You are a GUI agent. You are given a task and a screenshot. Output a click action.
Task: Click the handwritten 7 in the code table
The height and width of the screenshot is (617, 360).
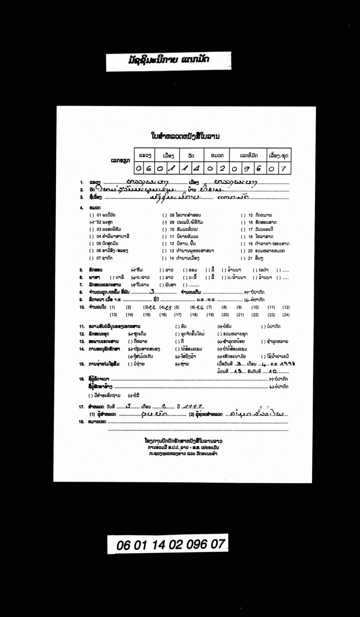283,169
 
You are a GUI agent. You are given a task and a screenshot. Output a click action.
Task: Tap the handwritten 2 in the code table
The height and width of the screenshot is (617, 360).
222,169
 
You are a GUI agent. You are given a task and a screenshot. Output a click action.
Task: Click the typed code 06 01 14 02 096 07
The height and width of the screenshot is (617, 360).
171,545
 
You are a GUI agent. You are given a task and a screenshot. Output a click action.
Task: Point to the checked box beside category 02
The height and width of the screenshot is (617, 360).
91,222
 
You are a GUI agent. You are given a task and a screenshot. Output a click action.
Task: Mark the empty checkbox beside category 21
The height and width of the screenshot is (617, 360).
243,258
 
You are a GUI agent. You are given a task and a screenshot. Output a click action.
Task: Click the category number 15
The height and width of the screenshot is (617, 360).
250,215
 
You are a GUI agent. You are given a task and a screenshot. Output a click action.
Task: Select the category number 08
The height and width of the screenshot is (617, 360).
172,215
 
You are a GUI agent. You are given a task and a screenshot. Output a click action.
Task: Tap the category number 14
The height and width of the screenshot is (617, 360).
172,258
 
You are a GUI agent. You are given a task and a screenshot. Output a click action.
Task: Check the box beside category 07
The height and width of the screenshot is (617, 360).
91,258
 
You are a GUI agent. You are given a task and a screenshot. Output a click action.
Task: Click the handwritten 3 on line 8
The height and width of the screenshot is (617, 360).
152,291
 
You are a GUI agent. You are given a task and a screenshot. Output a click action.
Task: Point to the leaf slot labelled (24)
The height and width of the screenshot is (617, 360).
286,315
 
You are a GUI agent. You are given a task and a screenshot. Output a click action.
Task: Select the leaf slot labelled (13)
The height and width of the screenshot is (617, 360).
113,315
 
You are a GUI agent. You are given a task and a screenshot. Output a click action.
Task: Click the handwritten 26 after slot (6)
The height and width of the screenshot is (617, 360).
200,307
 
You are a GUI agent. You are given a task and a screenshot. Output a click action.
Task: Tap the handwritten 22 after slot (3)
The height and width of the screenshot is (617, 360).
153,307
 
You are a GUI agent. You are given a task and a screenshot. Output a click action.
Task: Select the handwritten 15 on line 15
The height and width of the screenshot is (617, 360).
239,371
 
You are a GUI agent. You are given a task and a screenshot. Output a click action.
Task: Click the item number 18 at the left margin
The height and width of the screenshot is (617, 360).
82,422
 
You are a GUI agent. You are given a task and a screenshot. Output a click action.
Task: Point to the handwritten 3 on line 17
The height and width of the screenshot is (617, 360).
128,406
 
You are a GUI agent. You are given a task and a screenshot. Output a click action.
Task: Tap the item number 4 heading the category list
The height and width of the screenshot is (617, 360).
82,208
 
